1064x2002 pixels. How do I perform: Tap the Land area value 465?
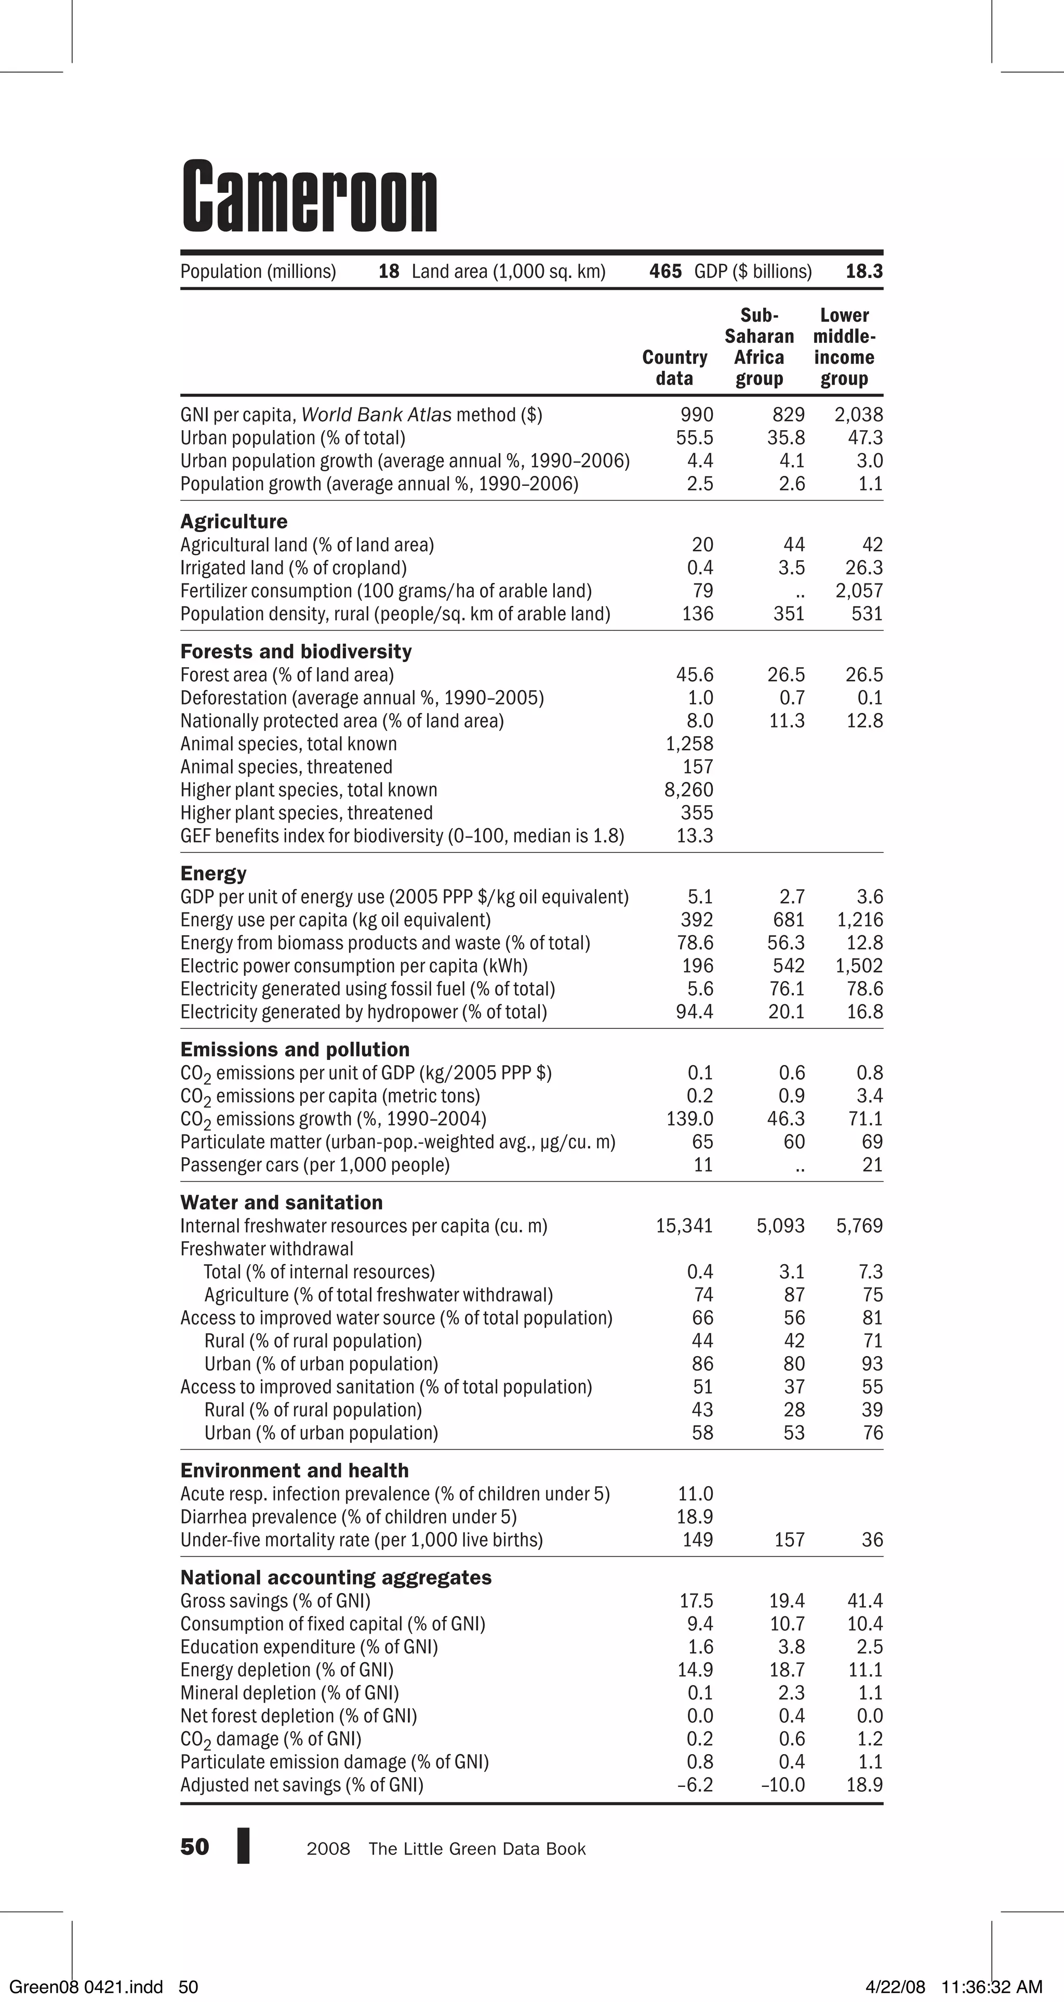pyautogui.click(x=666, y=271)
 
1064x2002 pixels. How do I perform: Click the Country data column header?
pyautogui.click(x=675, y=367)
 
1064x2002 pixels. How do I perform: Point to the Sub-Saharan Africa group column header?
pyautogui.click(x=760, y=347)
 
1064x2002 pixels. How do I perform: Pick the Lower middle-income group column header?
pyautogui.click(x=844, y=347)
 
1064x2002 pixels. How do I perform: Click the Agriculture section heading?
pyautogui.click(x=234, y=522)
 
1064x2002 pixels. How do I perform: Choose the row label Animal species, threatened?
pyautogui.click(x=286, y=767)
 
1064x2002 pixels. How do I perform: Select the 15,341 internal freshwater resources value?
pyautogui.click(x=684, y=1226)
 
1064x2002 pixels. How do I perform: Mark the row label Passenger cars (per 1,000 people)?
pyautogui.click(x=315, y=1165)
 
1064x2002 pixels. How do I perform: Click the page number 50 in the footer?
pyautogui.click(x=194, y=1847)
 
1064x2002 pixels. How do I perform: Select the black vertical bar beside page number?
pyautogui.click(x=243, y=1846)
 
